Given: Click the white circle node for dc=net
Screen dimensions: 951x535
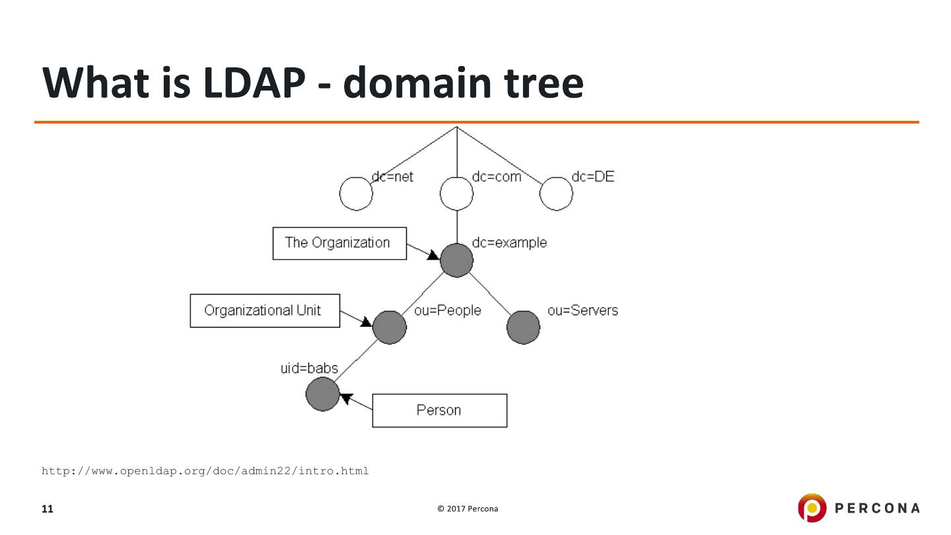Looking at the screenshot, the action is click(x=356, y=194).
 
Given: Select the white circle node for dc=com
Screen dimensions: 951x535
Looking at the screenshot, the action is click(x=456, y=194).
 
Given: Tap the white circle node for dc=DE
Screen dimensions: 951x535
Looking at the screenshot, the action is click(x=556, y=194).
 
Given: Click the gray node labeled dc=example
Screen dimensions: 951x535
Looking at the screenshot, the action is click(x=457, y=260).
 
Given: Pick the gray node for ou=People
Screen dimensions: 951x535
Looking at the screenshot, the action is click(x=390, y=328).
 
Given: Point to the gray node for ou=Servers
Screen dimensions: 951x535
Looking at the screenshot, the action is click(x=524, y=328).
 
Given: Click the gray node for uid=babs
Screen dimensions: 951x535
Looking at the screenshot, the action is click(x=323, y=394).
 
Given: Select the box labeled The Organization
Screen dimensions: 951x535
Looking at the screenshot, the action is click(x=339, y=243).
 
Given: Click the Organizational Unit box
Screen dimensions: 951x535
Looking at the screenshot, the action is click(x=265, y=310).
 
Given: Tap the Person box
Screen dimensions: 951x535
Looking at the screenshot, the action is click(x=439, y=411).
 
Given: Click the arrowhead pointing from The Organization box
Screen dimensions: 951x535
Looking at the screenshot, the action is click(x=433, y=255).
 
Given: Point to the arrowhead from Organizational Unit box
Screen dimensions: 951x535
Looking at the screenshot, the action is click(x=366, y=322).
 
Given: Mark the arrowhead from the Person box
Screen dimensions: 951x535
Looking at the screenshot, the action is click(x=346, y=398).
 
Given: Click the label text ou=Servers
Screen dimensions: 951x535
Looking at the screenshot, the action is click(x=582, y=310).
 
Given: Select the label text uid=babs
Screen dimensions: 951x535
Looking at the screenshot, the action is click(x=309, y=368).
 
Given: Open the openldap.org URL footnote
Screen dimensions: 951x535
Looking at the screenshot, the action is click(x=205, y=471).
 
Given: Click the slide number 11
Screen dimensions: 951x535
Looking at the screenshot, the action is click(x=47, y=509).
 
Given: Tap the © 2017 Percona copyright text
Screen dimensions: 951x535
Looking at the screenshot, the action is click(x=468, y=509).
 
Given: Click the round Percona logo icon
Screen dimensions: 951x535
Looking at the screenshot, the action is click(x=812, y=507).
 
